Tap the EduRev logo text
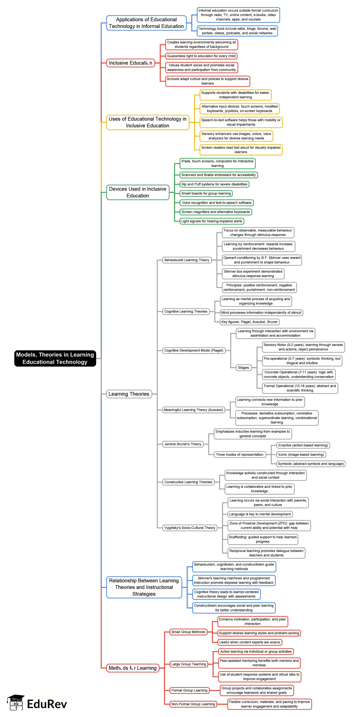click(47, 704)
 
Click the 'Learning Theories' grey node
click(129, 394)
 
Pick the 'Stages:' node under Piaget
click(244, 368)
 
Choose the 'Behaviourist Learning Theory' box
click(187, 260)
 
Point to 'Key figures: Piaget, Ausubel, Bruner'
click(249, 322)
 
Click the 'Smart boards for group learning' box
click(206, 193)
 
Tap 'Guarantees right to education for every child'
click(201, 56)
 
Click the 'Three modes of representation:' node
click(240, 455)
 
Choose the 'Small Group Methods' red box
click(188, 632)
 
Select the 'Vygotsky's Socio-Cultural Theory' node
click(190, 528)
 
